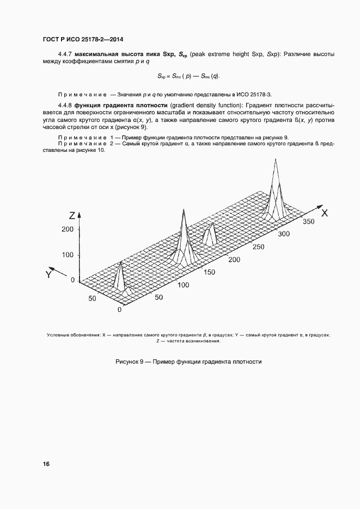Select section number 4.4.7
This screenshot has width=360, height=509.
point(65,55)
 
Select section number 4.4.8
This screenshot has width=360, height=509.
point(65,104)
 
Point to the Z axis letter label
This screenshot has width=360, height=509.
point(72,214)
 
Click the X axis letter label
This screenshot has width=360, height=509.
point(324,213)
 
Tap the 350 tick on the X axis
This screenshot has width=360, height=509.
point(309,222)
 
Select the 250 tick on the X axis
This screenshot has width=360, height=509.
point(260,247)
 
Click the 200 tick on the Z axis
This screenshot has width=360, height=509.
point(68,229)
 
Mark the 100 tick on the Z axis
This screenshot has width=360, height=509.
point(68,254)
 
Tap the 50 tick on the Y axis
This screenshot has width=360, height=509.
point(91,298)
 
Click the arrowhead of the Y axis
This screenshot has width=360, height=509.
point(51,268)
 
